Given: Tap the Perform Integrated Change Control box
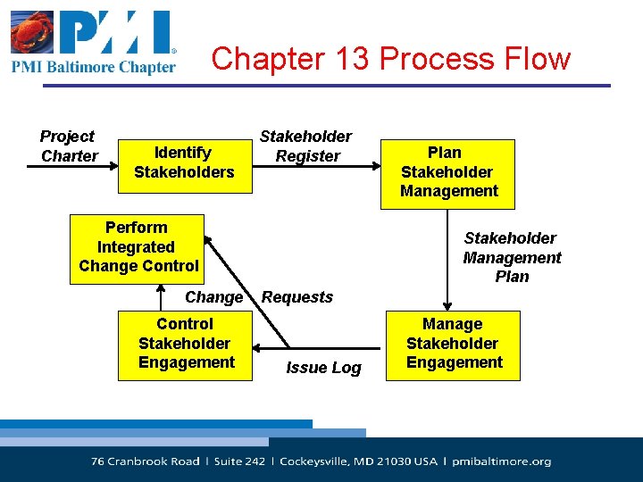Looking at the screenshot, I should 138,247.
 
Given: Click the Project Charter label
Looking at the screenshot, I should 68,146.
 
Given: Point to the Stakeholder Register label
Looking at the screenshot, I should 306,146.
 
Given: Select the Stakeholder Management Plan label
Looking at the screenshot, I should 512,257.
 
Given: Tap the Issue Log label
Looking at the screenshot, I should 323,368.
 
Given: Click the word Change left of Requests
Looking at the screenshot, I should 213,297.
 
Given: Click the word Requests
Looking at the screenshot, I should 297,297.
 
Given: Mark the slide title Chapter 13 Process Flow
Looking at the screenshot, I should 390,59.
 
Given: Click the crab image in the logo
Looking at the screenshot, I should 31,33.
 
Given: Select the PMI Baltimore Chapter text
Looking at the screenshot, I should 94,67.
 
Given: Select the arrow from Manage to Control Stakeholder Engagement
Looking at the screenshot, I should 319,346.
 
